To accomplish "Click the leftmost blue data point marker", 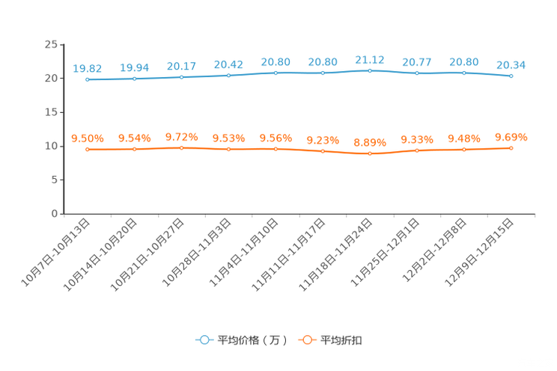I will click(88, 79).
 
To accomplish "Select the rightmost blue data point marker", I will click(511, 76).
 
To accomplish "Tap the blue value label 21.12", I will click(370, 60).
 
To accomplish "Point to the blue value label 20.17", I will click(181, 66).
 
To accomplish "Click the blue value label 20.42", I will click(228, 64).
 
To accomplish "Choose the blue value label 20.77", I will click(417, 62).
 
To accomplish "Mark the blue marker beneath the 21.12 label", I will click(370, 71).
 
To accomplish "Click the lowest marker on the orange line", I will click(370, 154).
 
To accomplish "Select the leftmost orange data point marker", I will click(88, 150).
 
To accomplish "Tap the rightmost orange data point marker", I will click(511, 148).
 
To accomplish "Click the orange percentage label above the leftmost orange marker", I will click(88, 138).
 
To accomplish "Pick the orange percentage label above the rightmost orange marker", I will click(511, 137).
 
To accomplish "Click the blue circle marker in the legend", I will click(204, 340).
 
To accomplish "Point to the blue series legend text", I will click(251, 340).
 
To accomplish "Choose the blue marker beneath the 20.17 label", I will click(181, 76).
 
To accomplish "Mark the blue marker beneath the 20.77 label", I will click(417, 73).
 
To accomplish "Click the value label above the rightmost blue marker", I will click(511, 65).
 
